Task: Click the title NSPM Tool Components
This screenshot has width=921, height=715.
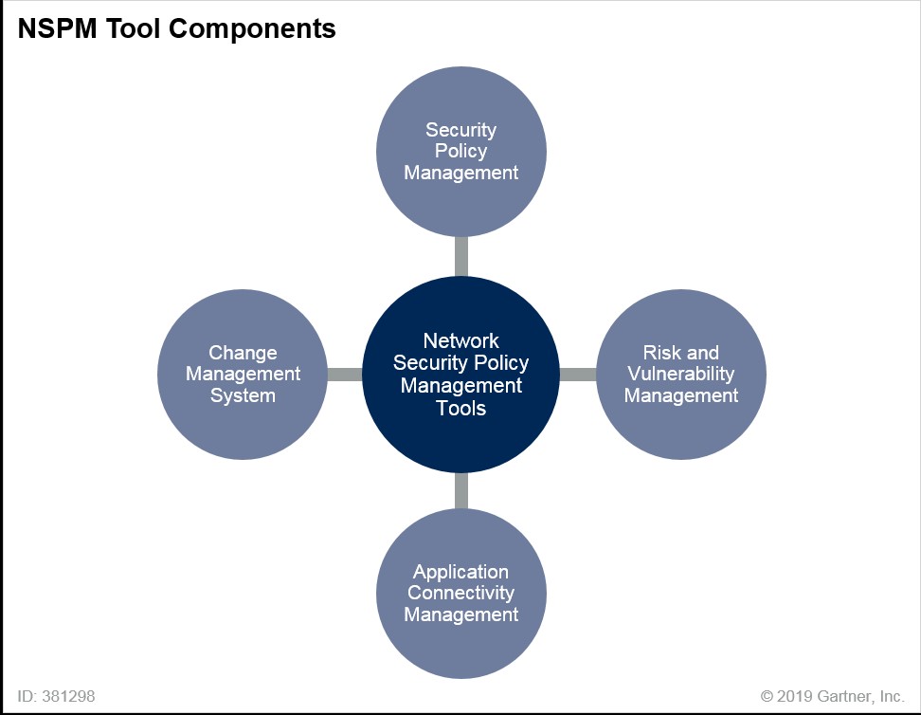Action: tap(176, 29)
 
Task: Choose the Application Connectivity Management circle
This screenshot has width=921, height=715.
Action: tap(461, 645)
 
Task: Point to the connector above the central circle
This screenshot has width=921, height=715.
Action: tap(461, 255)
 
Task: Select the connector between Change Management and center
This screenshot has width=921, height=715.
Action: tap(345, 374)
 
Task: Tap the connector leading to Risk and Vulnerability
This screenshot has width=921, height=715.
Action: tap(578, 374)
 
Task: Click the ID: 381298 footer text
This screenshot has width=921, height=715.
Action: tap(56, 696)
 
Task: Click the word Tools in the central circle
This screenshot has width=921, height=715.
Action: tap(461, 409)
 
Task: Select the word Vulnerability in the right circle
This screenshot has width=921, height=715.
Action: tap(680, 374)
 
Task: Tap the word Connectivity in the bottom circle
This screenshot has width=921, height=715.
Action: tap(461, 593)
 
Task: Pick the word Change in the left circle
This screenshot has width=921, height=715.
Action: tap(243, 353)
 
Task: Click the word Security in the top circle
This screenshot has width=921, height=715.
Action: tap(461, 130)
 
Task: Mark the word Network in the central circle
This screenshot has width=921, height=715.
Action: tap(461, 340)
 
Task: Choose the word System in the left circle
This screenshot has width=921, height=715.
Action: tap(243, 395)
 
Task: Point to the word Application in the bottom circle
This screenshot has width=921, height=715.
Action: tap(461, 572)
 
